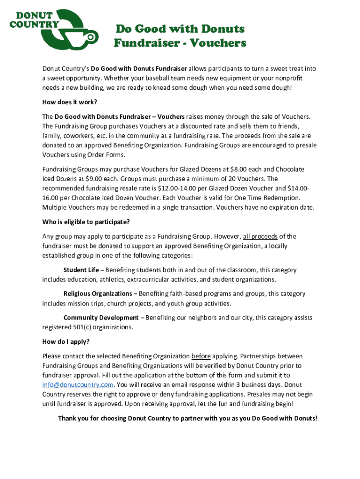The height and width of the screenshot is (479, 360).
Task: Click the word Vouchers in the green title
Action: (220, 43)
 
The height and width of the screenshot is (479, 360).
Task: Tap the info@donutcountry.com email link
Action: (78, 385)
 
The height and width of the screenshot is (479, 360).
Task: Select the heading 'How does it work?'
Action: (70, 102)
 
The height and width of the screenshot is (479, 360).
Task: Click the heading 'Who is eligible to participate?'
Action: (86, 222)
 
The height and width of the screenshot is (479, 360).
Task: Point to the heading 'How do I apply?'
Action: (66, 341)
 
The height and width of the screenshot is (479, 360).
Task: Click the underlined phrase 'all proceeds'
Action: (260, 236)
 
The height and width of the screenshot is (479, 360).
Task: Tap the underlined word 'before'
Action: (201, 356)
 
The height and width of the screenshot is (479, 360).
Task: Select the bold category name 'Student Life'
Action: (81, 270)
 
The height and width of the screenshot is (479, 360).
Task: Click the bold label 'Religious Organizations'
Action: (98, 294)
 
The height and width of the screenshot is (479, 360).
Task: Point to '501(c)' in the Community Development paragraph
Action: (84, 327)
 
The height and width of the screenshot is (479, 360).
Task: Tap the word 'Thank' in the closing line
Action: (67, 418)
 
